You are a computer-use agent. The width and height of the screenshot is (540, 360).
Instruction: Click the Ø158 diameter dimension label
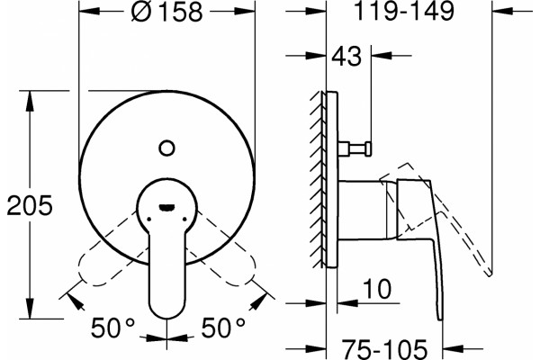click(x=166, y=12)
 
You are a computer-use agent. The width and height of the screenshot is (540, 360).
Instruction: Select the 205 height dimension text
click(x=30, y=206)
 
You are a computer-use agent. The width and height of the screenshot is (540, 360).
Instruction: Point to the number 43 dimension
click(x=346, y=56)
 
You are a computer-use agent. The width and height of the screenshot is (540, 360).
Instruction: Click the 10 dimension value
click(x=377, y=289)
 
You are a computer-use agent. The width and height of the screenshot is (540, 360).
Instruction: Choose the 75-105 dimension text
click(x=384, y=349)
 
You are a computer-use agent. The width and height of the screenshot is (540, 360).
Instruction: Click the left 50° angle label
click(x=112, y=328)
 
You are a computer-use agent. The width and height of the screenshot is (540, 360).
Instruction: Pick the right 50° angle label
click(x=223, y=328)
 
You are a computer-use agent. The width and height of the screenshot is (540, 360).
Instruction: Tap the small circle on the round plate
click(x=167, y=148)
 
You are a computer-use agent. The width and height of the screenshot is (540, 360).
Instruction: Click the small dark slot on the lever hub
click(x=166, y=207)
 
